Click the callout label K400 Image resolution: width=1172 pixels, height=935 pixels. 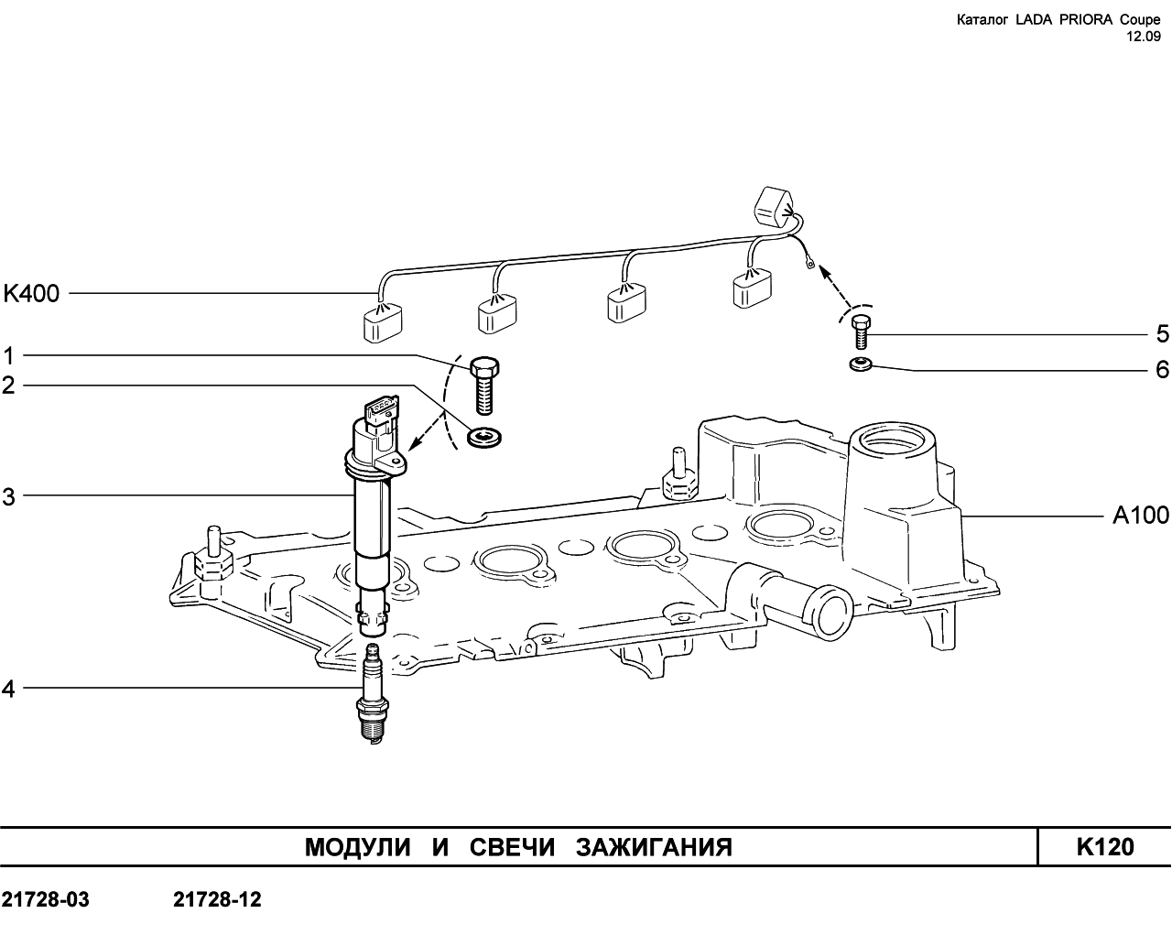[x=31, y=294]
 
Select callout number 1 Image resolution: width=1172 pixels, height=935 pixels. [x=9, y=356]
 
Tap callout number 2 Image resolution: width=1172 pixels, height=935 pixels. [x=9, y=386]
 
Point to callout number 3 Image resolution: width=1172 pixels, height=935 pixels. [x=9, y=496]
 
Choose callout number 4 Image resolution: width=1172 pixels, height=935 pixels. [x=9, y=690]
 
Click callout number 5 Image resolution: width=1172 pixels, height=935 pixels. [x=1162, y=334]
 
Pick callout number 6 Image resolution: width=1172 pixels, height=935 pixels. [x=1162, y=370]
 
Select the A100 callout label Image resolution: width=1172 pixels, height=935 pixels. [x=1141, y=515]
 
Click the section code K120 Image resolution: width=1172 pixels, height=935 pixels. [x=1105, y=847]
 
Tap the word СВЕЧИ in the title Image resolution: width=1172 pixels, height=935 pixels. [x=512, y=847]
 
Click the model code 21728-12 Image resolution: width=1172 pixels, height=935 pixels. [x=217, y=899]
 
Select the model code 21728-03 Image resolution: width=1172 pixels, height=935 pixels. [x=45, y=899]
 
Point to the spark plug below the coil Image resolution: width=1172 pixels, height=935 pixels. [x=373, y=692]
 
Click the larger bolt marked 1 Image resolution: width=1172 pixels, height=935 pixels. [x=483, y=385]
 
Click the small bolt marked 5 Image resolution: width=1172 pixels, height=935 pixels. [x=861, y=332]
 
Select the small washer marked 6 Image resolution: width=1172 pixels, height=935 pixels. [x=861, y=364]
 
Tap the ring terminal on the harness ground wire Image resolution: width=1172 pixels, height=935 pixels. [x=811, y=266]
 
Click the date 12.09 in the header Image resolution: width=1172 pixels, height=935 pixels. [x=1143, y=37]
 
